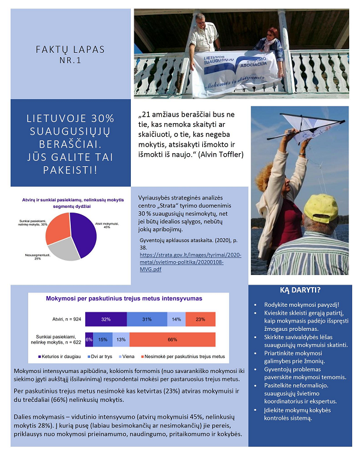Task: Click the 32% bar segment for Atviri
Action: coord(106,319)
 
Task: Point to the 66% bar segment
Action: coord(172,339)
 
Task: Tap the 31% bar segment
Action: coord(147,319)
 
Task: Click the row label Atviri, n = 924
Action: coord(64,319)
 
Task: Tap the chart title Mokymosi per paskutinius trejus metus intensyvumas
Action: coord(124,298)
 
